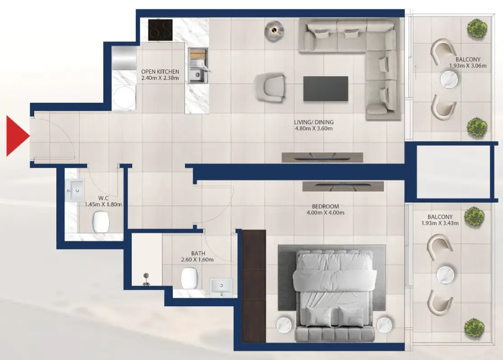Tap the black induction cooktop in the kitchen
point(160,30)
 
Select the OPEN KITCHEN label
point(160,72)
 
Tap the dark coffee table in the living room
point(325,88)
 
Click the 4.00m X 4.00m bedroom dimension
point(325,212)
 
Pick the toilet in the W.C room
point(101,222)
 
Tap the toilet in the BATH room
point(189,278)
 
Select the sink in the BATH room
point(221,287)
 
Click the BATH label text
point(198,254)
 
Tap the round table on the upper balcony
point(449,80)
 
